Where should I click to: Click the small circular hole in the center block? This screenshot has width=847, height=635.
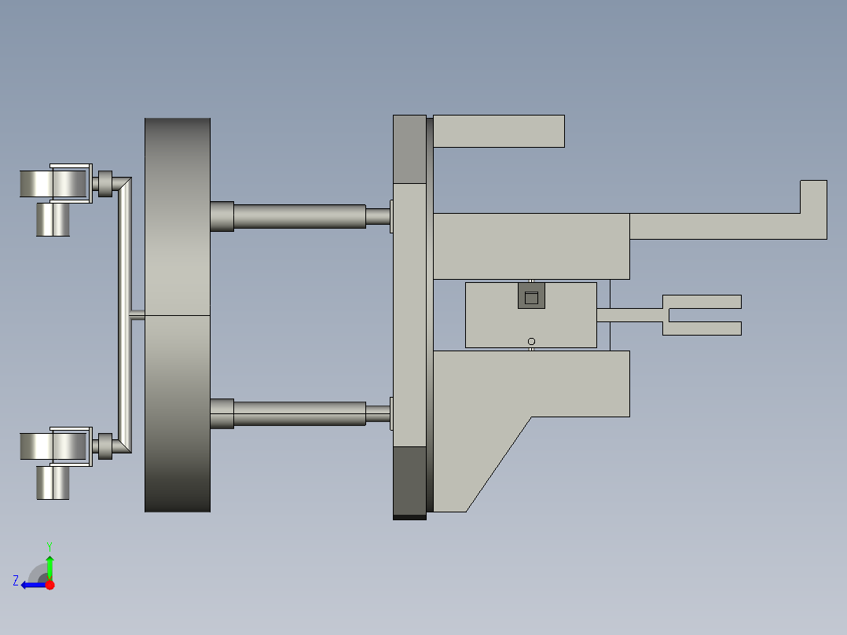point(531,341)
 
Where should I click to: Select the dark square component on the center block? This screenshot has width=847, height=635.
point(530,296)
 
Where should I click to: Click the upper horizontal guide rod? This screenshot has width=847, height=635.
point(299,216)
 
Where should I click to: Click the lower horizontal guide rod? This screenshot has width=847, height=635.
point(299,413)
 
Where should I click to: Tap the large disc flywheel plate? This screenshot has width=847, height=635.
point(178,314)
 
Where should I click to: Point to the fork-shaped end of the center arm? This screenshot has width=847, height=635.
point(702,314)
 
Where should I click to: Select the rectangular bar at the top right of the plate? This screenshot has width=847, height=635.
point(498,131)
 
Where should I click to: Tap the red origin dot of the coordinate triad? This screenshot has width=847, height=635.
point(49,585)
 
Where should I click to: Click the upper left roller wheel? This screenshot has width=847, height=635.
point(53,184)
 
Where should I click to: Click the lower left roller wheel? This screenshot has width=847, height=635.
point(53,446)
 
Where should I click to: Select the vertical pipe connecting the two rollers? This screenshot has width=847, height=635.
point(124,314)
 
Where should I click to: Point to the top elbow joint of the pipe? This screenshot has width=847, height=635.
point(122,185)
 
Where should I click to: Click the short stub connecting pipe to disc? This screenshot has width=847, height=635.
point(137,314)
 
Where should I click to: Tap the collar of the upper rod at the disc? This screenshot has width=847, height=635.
point(222,216)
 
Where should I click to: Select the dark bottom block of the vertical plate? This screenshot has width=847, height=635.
point(409,479)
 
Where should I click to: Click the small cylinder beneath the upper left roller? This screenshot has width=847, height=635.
point(53,219)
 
